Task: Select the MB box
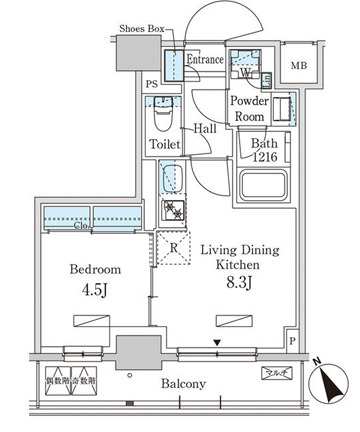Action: click(298, 67)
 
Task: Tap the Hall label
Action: click(206, 129)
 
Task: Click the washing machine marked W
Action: click(244, 69)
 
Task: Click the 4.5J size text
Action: click(95, 293)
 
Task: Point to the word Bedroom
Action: click(95, 270)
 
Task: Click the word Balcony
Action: click(181, 384)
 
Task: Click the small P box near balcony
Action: click(291, 341)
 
